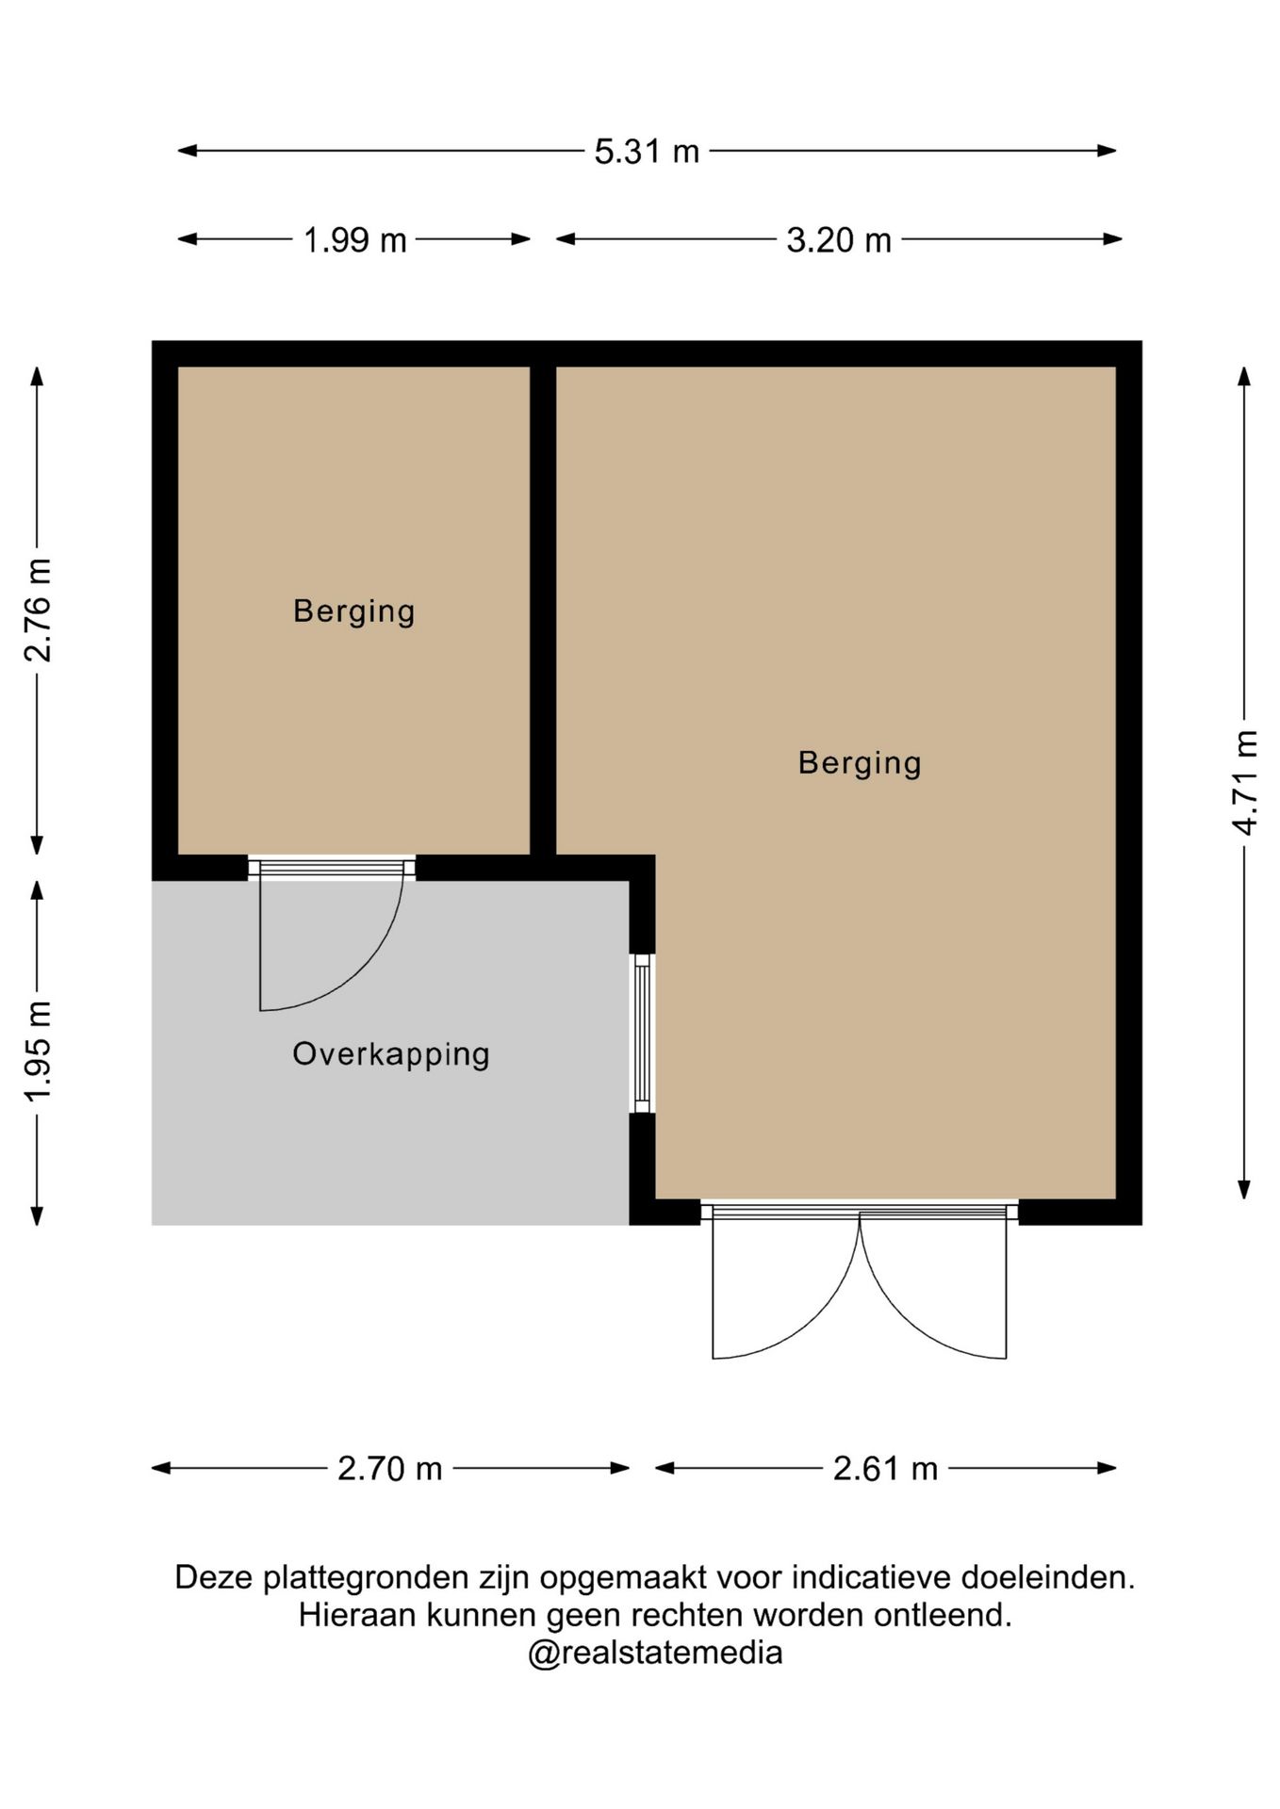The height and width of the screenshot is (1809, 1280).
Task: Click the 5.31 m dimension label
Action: point(647,152)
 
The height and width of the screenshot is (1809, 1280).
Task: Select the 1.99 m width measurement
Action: point(354,240)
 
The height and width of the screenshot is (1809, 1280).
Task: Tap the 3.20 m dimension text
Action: point(839,240)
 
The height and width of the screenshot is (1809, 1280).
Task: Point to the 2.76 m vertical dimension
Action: point(39,611)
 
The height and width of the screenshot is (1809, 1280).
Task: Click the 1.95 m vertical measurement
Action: point(39,1051)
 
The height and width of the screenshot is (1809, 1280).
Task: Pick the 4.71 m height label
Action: point(1245,782)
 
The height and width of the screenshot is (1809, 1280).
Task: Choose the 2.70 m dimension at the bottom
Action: point(390,1469)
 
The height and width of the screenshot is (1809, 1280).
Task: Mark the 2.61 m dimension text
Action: point(885,1469)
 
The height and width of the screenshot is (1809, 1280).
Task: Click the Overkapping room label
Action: point(391,1055)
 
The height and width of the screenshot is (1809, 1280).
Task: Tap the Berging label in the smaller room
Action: point(354,612)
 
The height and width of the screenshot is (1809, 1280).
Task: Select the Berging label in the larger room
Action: point(860,764)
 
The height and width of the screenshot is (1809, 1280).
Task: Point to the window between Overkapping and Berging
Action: point(642,1034)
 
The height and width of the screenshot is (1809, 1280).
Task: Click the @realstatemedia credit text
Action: point(655,1654)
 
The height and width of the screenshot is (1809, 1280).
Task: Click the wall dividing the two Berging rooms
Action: point(543,611)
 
